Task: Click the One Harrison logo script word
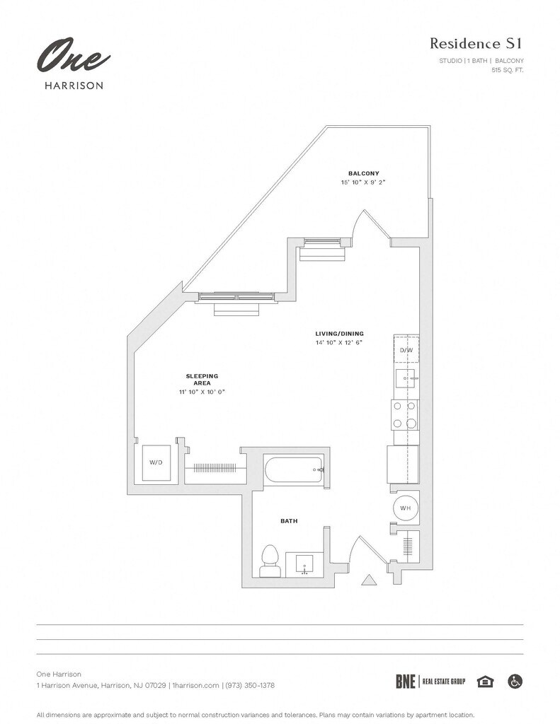[x=73, y=56]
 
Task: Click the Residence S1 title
[x=476, y=43]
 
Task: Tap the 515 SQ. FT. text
[x=508, y=70]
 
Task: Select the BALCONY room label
[x=363, y=174]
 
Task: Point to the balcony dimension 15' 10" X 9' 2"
[x=363, y=182]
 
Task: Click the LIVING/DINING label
[x=339, y=334]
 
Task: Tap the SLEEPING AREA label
[x=202, y=380]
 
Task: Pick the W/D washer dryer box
[x=156, y=462]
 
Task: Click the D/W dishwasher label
[x=406, y=351]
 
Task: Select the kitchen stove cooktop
[x=406, y=414]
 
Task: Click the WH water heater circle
[x=406, y=508]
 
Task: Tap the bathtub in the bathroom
[x=294, y=469]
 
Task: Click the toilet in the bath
[x=270, y=561]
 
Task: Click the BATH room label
[x=289, y=521]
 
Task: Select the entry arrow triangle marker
[x=369, y=580]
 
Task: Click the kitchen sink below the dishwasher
[x=407, y=379]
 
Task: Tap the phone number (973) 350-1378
[x=250, y=685]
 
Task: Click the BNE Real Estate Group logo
[x=430, y=682]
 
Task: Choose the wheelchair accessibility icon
[x=515, y=681]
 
